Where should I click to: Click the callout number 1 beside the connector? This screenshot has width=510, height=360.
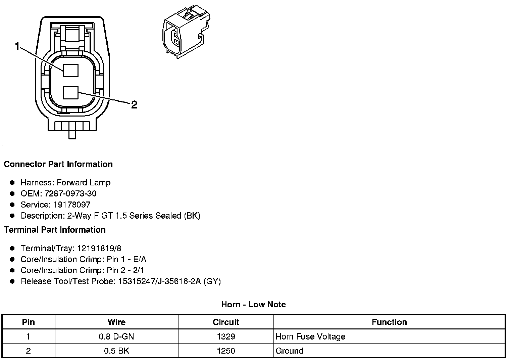click(x=17, y=46)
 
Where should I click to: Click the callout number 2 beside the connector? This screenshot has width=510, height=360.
click(x=134, y=105)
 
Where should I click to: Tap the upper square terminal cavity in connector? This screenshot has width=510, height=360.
click(x=70, y=71)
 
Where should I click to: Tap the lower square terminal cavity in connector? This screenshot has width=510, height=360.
click(x=70, y=93)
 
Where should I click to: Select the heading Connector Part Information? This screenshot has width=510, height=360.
click(x=58, y=164)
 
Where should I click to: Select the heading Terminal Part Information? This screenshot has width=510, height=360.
click(x=55, y=230)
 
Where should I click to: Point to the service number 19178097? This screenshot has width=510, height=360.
click(x=72, y=205)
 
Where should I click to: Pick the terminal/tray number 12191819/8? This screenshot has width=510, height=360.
click(x=99, y=249)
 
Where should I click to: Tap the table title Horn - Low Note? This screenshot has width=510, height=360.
click(x=253, y=305)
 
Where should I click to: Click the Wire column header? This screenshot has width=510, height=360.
click(x=116, y=322)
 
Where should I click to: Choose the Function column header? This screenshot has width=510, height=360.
click(x=389, y=322)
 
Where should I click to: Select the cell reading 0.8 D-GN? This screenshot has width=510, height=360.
click(x=116, y=336)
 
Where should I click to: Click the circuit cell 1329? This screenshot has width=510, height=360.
click(x=226, y=336)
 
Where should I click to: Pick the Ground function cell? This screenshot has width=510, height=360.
click(x=289, y=351)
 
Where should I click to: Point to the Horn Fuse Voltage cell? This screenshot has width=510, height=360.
click(x=310, y=336)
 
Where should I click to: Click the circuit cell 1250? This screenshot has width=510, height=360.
click(x=226, y=351)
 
